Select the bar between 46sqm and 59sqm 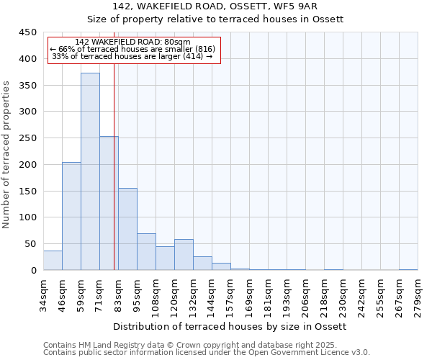pos(71,216)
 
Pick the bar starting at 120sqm pos(184,255)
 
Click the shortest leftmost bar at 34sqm pos(53,261)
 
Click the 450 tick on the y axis pos(28,32)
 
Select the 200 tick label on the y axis pos(28,165)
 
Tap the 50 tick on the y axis pos(31,244)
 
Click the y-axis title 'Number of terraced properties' pos(6,154)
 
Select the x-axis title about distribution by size pos(230,326)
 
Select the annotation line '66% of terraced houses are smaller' pos(132,49)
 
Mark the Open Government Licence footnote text pos(207,353)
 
